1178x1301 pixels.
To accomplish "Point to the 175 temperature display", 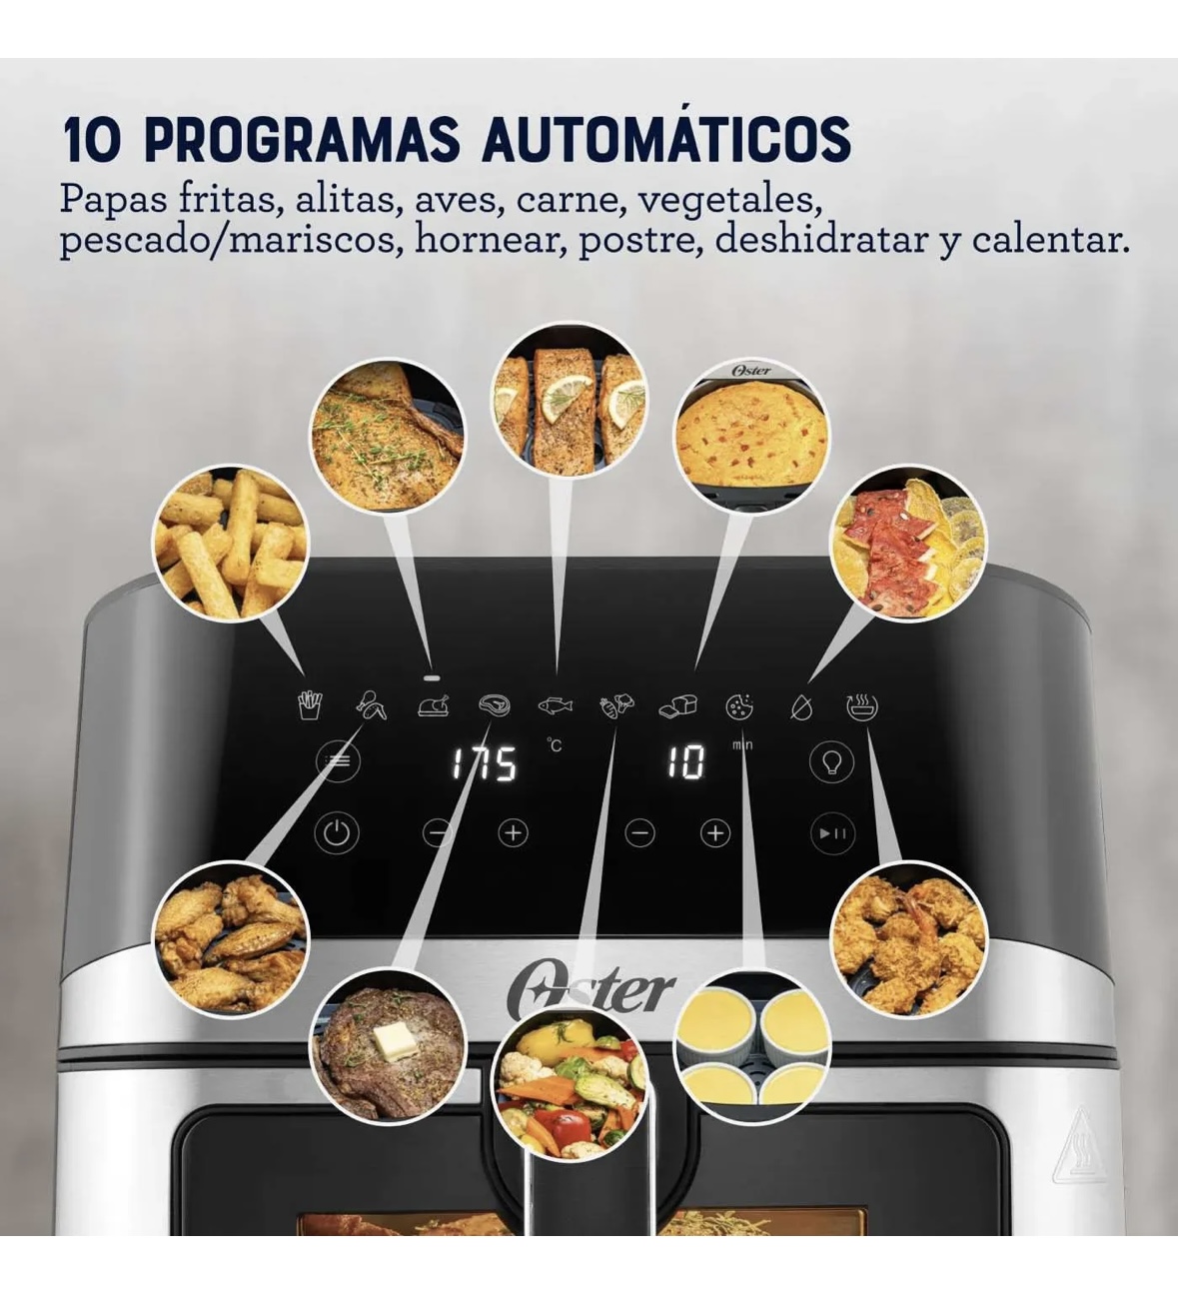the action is click(x=486, y=763).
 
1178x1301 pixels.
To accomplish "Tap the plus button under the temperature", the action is click(x=514, y=833).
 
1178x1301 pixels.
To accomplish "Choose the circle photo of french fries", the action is click(x=232, y=544).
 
